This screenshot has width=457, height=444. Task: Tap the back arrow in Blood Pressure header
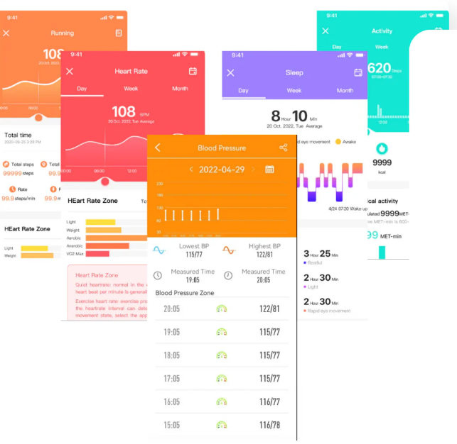tap(158, 148)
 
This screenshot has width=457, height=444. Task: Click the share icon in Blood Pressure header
tap(284, 148)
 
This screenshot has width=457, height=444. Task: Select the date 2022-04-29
tap(222, 170)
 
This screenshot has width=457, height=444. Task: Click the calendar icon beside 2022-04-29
tap(269, 170)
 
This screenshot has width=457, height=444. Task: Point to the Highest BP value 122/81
tap(264, 255)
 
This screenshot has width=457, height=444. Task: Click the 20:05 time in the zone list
tap(171, 309)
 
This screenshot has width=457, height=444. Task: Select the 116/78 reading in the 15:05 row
tap(269, 425)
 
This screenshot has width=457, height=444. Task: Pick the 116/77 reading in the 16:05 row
tap(269, 401)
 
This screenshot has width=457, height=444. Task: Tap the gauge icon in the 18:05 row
tap(222, 355)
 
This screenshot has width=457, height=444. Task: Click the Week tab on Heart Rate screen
tap(131, 89)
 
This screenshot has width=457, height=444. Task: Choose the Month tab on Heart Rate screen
tap(180, 89)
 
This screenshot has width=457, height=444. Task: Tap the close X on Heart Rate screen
tap(70, 72)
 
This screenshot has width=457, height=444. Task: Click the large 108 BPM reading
tap(124, 111)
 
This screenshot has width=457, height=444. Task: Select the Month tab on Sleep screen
tap(345, 91)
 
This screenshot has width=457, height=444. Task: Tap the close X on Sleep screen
tap(230, 73)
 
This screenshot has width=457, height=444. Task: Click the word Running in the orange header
tap(63, 33)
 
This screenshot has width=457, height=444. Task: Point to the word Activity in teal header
tap(382, 31)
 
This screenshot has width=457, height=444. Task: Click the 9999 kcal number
tap(382, 162)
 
